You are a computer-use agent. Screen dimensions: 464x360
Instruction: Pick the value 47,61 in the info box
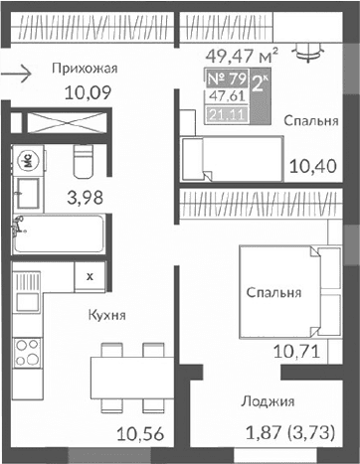click(x=227, y=97)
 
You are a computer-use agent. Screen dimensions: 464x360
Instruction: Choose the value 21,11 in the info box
click(x=227, y=114)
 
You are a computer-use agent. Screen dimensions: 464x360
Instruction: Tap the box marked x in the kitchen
click(x=90, y=277)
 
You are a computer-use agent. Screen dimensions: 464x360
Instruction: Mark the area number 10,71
click(x=293, y=351)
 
